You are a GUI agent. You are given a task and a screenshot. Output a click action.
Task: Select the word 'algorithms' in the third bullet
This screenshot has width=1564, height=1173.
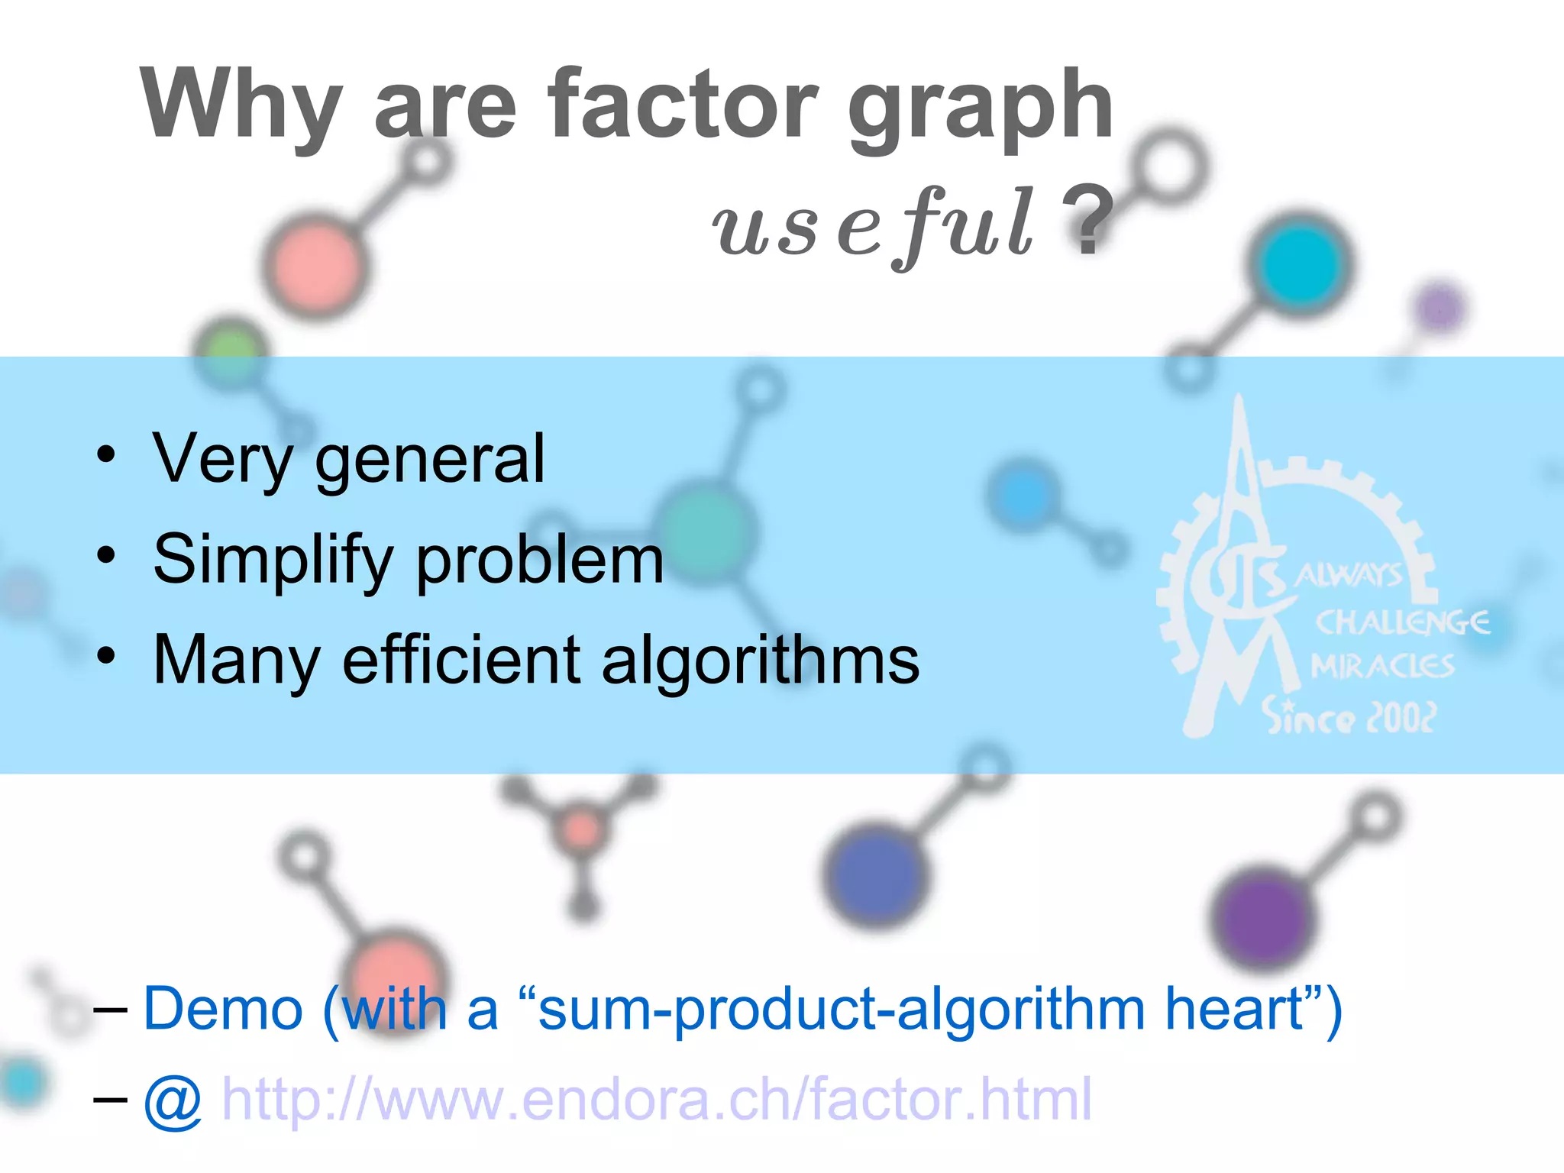[760, 661]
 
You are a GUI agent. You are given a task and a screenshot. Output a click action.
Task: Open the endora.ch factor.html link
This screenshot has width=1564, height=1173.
[657, 1100]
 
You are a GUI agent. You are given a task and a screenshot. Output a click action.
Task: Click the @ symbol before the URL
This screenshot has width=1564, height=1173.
[173, 1101]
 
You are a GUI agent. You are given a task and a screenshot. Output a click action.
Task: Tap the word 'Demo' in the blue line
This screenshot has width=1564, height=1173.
[223, 1009]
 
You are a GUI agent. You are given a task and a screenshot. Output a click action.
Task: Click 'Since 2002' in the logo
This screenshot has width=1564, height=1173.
[1348, 716]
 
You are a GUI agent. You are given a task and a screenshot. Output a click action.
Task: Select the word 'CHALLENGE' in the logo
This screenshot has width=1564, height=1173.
[1401, 622]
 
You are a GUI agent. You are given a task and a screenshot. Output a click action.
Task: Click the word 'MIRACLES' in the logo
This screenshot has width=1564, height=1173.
[1382, 667]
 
